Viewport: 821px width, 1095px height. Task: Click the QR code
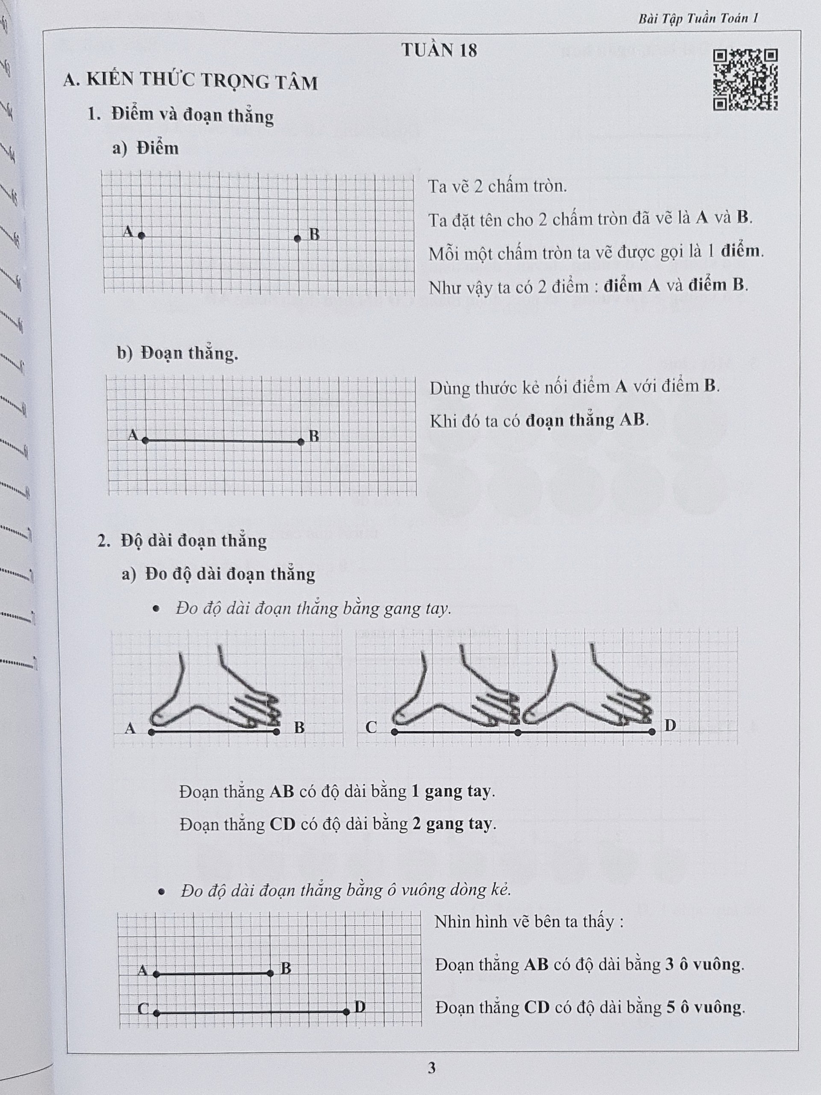[745, 79]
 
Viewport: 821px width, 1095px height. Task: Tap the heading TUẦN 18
[440, 50]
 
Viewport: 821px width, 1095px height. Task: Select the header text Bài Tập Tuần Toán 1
[698, 19]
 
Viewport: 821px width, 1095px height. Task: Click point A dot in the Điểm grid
[142, 236]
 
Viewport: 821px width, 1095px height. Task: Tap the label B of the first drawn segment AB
[314, 436]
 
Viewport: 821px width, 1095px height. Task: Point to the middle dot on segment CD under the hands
[518, 732]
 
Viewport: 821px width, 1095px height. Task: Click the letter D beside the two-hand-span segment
[670, 726]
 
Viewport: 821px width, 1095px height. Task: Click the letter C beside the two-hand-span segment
[371, 727]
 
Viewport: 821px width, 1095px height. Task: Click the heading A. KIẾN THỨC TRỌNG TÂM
[191, 82]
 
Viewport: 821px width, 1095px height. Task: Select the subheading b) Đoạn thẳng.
[177, 353]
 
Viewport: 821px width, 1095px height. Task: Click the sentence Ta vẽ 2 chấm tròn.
[497, 186]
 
